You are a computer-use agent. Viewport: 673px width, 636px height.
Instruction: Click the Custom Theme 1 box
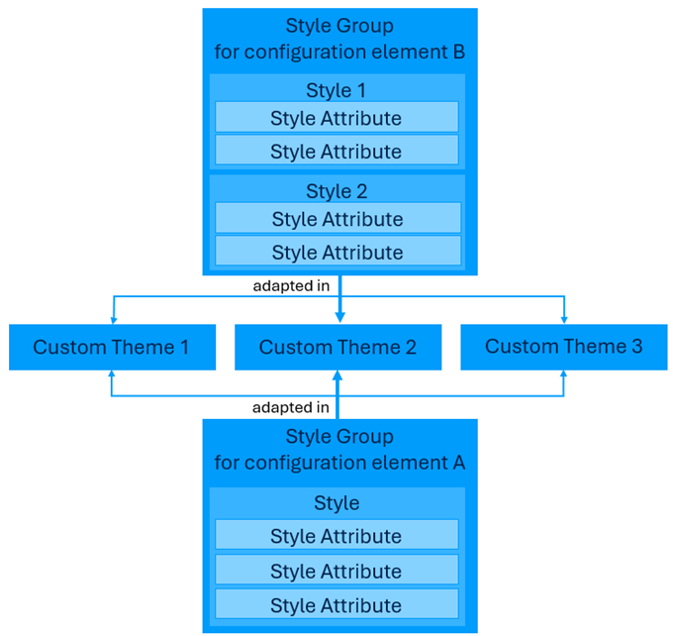point(112,347)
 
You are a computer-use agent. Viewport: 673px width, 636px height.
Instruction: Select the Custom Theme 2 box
point(337,347)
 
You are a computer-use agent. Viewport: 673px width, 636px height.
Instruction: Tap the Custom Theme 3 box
point(563,347)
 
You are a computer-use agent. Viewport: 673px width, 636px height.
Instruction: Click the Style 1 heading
point(336,90)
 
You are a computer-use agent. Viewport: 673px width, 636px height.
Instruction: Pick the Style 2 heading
point(336,191)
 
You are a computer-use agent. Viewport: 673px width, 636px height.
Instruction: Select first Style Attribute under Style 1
point(336,118)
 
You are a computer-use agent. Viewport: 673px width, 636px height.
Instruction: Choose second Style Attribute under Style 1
point(336,151)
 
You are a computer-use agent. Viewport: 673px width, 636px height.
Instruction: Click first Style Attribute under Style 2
point(337,219)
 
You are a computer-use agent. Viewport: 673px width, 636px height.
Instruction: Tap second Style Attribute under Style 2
point(337,252)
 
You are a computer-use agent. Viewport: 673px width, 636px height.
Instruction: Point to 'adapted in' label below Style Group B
point(291,286)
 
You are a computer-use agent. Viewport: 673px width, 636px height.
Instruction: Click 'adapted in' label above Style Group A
point(291,407)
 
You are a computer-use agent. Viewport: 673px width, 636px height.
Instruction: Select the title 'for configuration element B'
point(339,52)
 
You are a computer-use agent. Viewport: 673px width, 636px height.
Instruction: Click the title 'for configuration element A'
point(339,463)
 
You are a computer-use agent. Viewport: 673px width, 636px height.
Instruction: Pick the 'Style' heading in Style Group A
point(336,503)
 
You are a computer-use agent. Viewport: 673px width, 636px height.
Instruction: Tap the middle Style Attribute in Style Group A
point(336,571)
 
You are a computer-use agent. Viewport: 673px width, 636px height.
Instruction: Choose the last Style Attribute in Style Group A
point(336,604)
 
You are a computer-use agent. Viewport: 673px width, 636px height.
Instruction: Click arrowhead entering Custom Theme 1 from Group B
point(113,319)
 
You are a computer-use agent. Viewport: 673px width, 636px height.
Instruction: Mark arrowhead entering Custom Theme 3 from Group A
point(564,375)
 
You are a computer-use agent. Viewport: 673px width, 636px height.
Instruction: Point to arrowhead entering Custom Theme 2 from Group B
point(339,317)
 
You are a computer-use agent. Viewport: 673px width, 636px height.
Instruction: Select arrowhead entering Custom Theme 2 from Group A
point(337,376)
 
